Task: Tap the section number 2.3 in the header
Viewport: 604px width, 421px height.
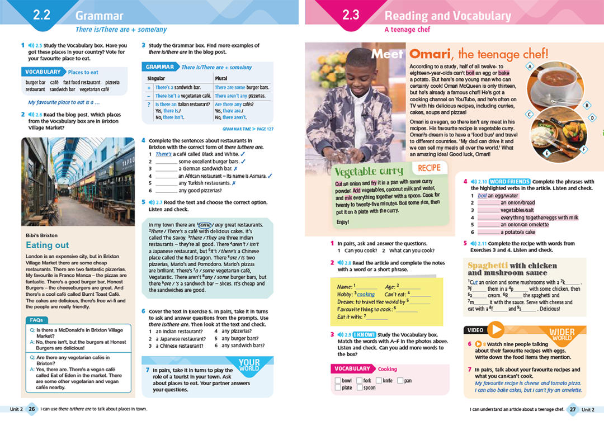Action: coord(351,15)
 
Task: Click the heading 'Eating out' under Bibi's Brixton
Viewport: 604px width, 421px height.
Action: coord(48,245)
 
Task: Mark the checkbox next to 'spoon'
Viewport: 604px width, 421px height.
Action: coord(359,387)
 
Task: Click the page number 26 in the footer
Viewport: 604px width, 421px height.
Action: coord(32,409)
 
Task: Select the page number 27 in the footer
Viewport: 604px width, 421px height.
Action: coord(572,409)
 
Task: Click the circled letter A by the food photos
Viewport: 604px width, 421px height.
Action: coord(529,67)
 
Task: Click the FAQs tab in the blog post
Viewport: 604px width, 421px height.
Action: coord(36,320)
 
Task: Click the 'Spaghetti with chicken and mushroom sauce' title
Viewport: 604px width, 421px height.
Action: coord(512,269)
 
